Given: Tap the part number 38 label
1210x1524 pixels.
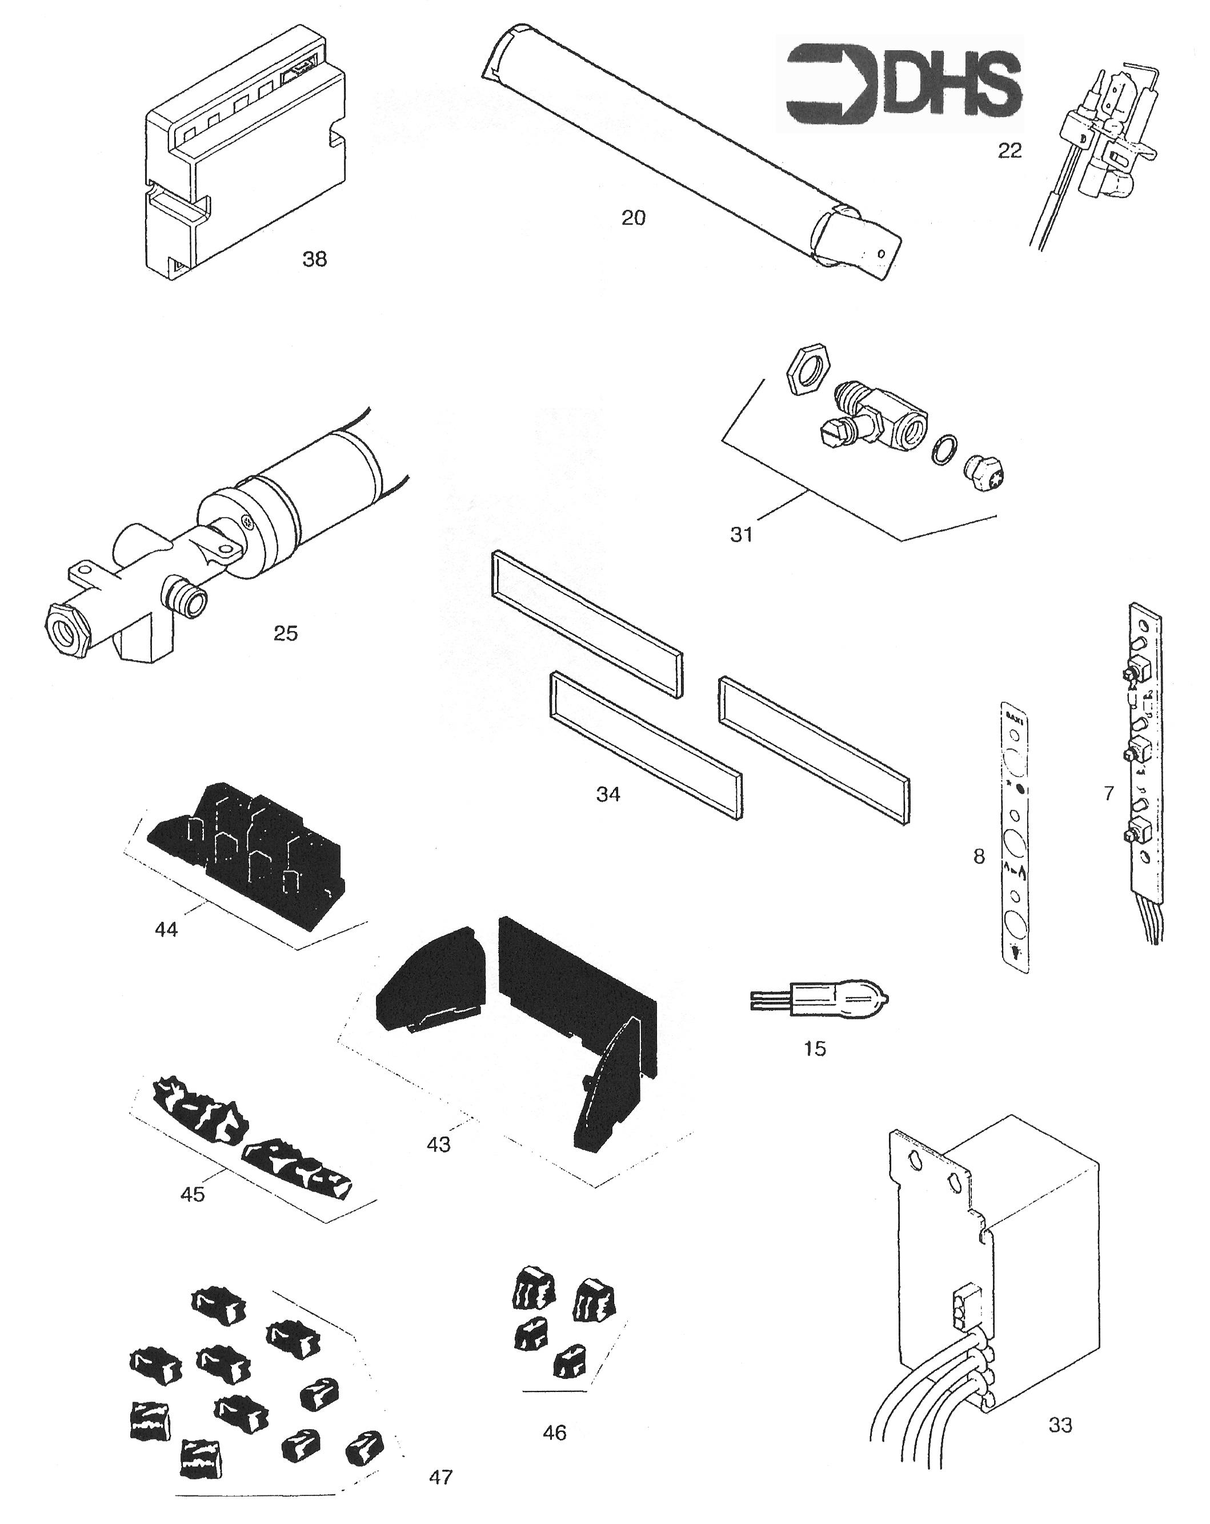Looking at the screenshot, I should point(315,259).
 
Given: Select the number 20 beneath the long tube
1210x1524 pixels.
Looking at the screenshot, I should point(632,218).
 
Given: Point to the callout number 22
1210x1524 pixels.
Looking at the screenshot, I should point(1009,150).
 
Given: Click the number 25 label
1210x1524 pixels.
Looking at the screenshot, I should point(286,633).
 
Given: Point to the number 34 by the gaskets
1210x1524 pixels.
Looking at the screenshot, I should point(608,794).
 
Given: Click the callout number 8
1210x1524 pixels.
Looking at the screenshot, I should point(978,857).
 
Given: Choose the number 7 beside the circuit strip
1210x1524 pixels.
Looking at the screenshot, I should point(1108,793).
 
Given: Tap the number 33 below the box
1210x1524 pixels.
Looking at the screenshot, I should point(1059,1425).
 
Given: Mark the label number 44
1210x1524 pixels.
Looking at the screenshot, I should point(166,929).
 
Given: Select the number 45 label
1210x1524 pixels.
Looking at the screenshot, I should point(193,1194).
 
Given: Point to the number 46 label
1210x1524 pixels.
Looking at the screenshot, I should point(554,1432).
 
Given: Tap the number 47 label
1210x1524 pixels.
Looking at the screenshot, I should point(440,1477).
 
